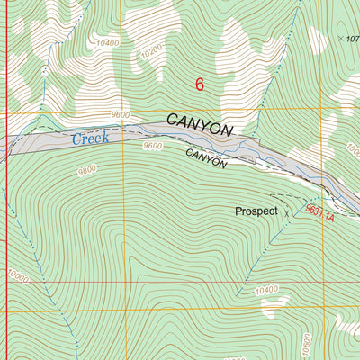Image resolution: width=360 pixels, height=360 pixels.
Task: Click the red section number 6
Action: click(200, 85)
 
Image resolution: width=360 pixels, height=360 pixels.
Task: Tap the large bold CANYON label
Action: click(199, 129)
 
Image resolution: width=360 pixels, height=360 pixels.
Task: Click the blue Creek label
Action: click(90, 139)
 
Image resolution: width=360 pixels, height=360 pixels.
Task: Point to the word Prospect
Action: click(256, 212)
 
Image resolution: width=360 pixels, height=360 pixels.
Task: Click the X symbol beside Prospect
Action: click(288, 213)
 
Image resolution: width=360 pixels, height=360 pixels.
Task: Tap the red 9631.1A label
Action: click(319, 213)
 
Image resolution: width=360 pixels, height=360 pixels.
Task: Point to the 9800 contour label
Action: click(87, 169)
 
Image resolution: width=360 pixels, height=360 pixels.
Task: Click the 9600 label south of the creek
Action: click(153, 146)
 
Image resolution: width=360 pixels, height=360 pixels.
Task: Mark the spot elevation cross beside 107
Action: click(341, 39)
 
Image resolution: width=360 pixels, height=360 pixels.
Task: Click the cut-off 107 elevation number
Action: click(353, 39)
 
